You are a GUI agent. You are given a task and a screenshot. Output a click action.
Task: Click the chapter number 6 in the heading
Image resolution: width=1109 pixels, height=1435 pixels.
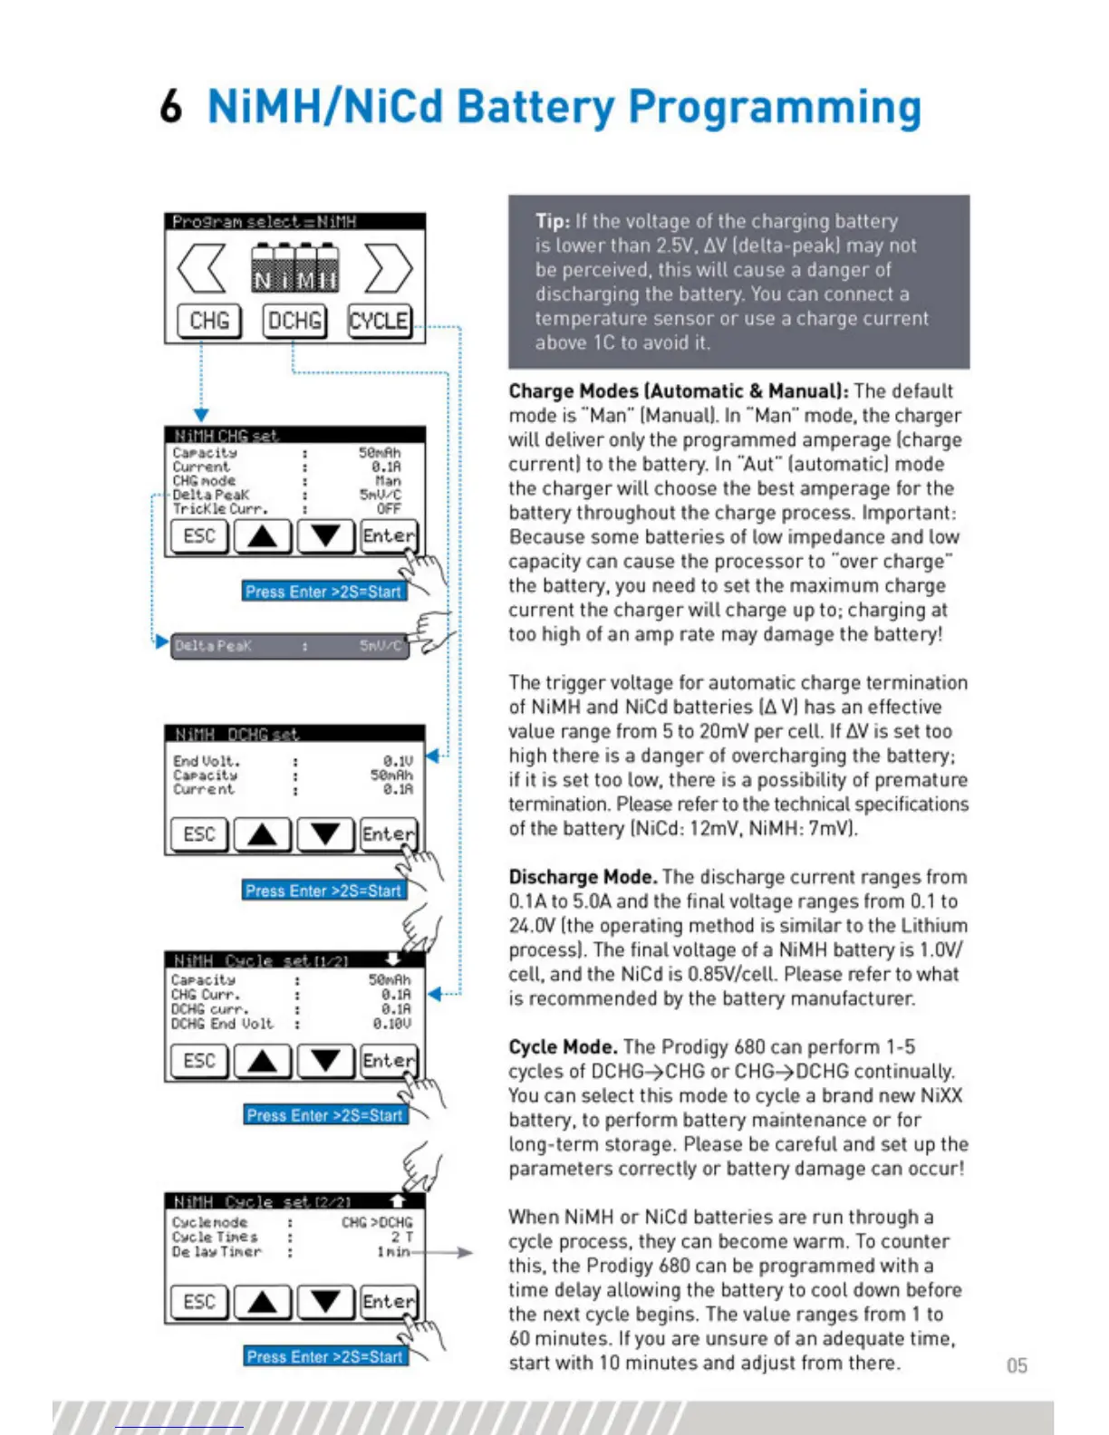(x=170, y=107)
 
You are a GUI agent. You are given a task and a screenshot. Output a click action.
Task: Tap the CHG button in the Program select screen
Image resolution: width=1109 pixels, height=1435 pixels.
(x=208, y=321)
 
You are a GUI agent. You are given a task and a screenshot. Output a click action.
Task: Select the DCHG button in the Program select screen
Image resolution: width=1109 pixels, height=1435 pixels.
(x=294, y=321)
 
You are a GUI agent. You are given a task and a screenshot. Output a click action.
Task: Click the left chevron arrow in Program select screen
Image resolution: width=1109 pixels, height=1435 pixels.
(x=201, y=268)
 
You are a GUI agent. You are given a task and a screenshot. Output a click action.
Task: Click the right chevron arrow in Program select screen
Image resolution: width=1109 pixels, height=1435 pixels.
(x=389, y=268)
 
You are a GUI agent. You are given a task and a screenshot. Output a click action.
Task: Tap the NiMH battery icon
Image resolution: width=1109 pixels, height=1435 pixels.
(x=294, y=270)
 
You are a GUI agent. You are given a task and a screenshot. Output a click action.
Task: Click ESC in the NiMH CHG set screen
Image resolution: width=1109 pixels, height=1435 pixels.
(x=199, y=536)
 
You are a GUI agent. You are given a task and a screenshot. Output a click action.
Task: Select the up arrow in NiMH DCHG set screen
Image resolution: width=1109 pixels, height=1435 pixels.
(x=262, y=834)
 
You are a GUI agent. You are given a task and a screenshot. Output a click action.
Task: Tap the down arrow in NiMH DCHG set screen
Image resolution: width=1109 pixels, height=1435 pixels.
(x=325, y=834)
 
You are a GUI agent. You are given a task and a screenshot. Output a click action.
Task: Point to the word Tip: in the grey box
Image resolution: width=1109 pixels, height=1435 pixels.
(x=553, y=221)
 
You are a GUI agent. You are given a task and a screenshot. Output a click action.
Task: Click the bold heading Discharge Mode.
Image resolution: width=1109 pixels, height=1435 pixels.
(x=583, y=877)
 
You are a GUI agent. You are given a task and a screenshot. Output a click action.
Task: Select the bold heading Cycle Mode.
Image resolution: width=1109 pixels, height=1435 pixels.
(x=563, y=1047)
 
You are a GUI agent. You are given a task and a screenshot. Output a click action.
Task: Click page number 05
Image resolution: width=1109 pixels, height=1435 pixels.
(x=1017, y=1365)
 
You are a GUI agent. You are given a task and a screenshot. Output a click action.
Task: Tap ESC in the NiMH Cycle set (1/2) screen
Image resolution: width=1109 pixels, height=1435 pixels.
(x=199, y=1061)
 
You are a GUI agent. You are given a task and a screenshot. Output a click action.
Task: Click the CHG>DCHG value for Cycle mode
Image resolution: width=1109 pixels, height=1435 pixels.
(x=376, y=1223)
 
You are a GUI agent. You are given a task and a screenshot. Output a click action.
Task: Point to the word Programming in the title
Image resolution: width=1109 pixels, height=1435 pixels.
(x=775, y=107)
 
